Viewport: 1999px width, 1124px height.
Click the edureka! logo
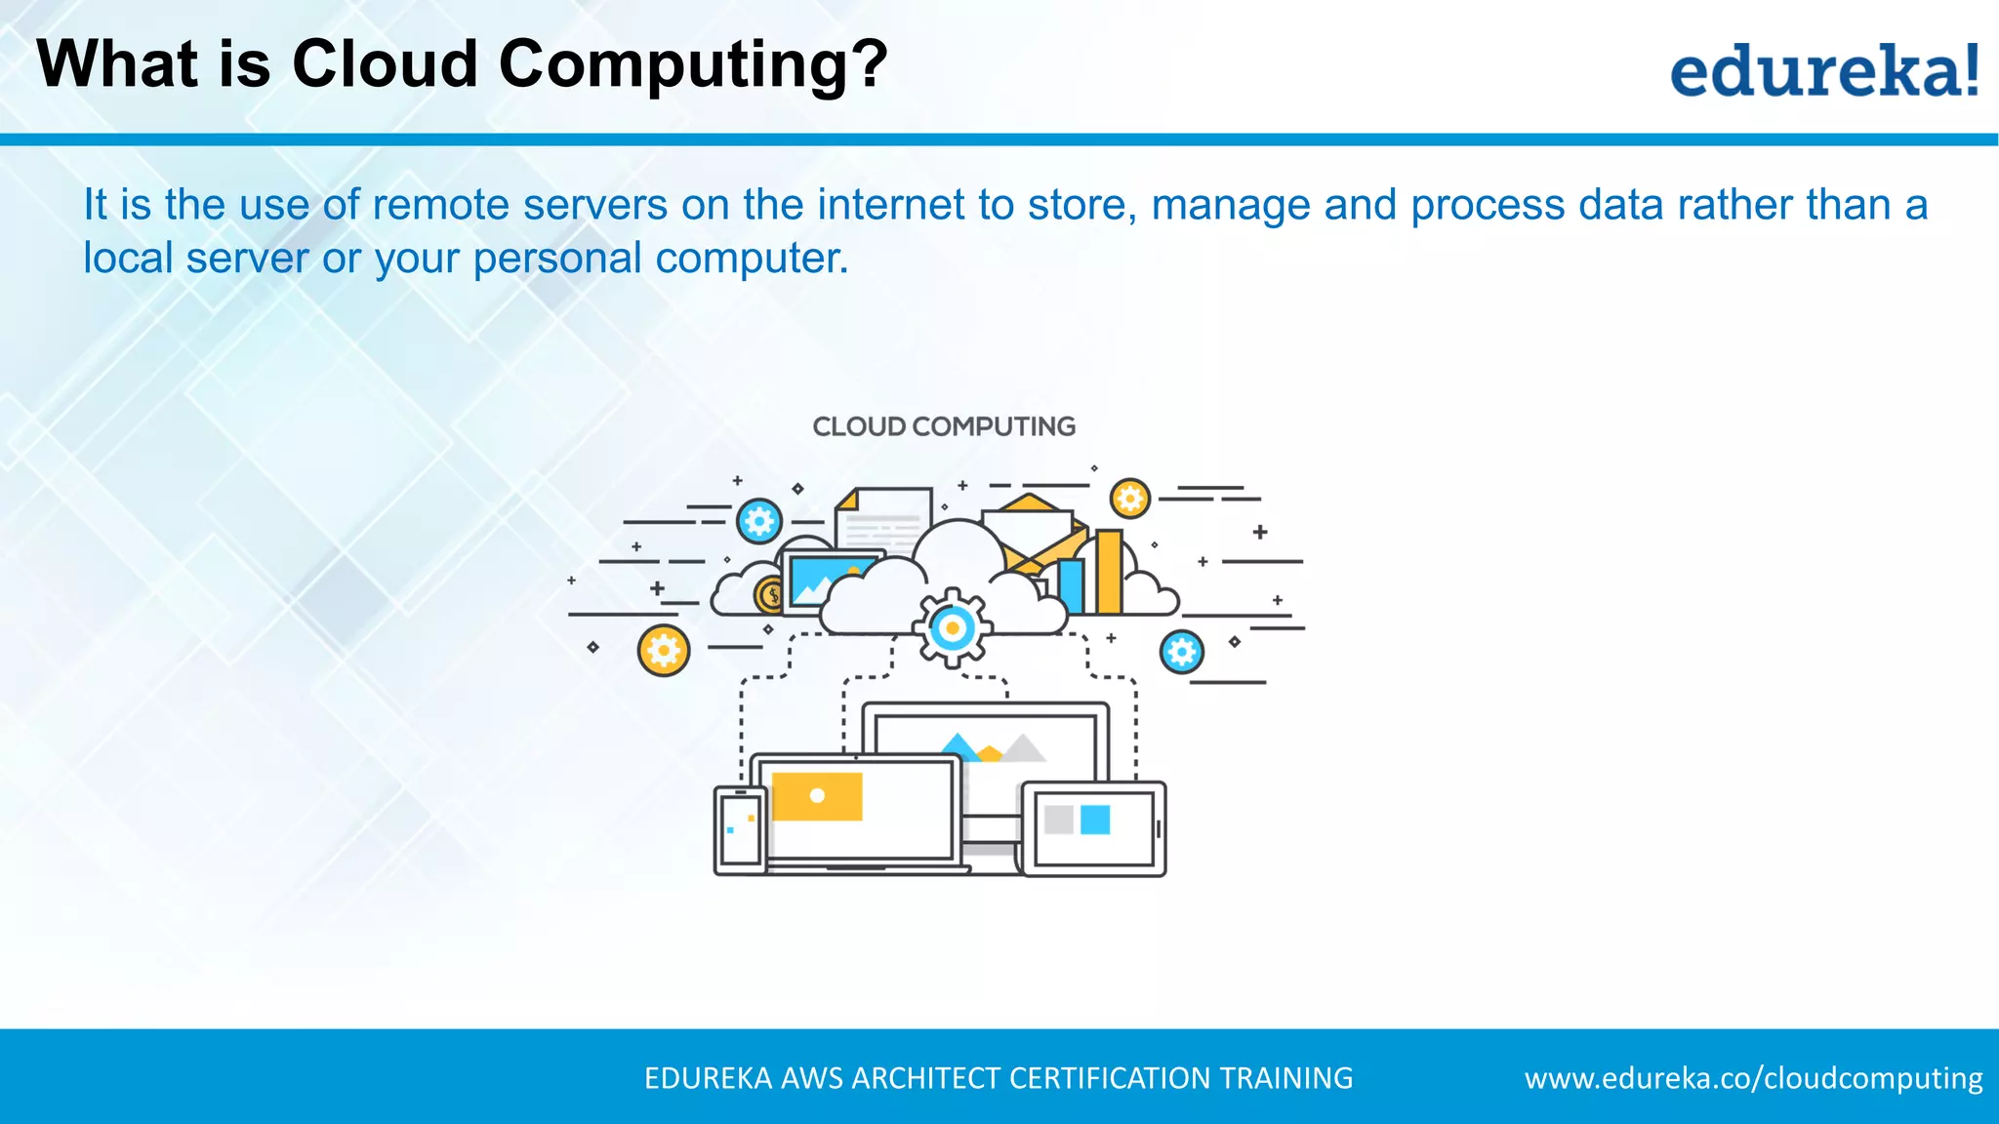[1823, 70]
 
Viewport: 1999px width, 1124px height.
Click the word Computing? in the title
[693, 64]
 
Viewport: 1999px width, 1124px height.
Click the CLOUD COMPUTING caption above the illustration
[943, 426]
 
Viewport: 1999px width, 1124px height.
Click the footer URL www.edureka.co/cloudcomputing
[1753, 1078]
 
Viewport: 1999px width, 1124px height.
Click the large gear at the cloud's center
[952, 628]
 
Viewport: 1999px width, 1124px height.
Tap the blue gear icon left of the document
[759, 521]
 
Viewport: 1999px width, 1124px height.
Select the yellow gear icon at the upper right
[1129, 499]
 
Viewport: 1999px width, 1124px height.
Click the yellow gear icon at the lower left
[663, 650]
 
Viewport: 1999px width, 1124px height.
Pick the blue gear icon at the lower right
[1181, 651]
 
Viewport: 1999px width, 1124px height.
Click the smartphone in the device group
[740, 830]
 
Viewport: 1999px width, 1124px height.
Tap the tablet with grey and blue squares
[1094, 828]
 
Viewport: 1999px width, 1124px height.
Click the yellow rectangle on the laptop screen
[817, 796]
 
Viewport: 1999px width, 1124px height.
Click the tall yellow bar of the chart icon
[1109, 572]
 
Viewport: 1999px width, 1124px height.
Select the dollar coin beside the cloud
[770, 594]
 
